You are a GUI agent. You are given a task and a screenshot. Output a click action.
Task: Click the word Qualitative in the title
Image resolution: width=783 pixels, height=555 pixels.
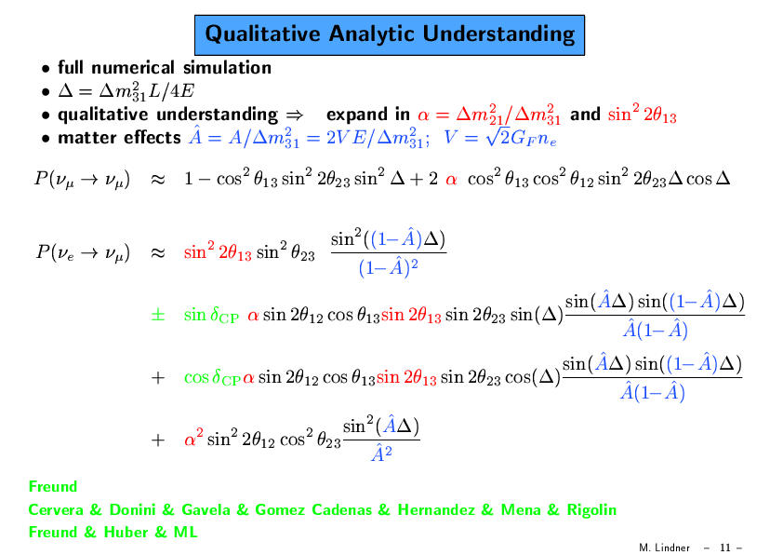click(x=262, y=34)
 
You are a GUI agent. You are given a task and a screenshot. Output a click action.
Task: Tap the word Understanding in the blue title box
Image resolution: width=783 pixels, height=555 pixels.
click(x=498, y=34)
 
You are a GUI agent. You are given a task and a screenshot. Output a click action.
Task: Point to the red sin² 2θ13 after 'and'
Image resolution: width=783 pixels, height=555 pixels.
click(x=643, y=114)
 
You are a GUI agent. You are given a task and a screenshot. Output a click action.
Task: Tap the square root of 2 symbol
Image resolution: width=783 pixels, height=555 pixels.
click(x=498, y=136)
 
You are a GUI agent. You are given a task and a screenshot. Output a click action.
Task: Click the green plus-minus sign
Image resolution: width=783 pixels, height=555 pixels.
click(x=158, y=315)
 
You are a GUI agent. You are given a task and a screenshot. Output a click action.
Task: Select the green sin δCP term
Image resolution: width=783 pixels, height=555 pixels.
click(x=211, y=315)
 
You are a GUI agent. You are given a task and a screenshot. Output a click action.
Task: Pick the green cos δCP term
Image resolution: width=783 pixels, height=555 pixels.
click(x=212, y=377)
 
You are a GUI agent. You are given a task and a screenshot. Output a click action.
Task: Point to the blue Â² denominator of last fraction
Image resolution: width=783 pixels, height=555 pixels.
click(x=381, y=453)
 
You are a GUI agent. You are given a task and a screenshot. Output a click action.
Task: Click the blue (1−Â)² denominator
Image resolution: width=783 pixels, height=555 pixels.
click(x=388, y=267)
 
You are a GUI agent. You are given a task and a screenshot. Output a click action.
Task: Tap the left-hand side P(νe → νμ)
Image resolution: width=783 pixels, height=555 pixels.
click(x=83, y=252)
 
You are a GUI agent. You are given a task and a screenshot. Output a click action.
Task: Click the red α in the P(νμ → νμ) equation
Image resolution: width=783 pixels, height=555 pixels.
click(x=451, y=180)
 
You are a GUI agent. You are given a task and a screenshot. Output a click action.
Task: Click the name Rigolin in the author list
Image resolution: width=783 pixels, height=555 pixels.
click(x=591, y=510)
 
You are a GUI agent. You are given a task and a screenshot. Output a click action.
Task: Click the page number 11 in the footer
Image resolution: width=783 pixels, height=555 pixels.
click(x=725, y=548)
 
